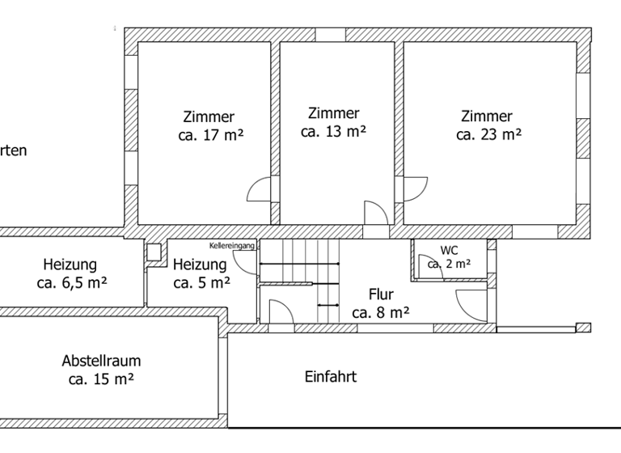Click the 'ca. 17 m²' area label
click(x=210, y=136)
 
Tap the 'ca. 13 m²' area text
click(x=333, y=131)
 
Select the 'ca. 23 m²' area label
click(x=488, y=135)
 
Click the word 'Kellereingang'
click(x=232, y=244)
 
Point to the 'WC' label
click(x=449, y=251)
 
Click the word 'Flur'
click(x=381, y=294)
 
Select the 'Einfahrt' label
click(x=330, y=376)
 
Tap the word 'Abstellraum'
click(x=101, y=361)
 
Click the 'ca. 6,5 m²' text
click(x=72, y=283)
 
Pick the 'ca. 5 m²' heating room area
click(x=201, y=283)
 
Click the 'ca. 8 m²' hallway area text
click(x=381, y=312)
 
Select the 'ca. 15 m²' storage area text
click(x=101, y=379)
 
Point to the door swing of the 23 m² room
click(x=414, y=188)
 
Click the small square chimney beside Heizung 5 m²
click(x=154, y=252)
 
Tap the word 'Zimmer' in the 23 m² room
click(x=487, y=116)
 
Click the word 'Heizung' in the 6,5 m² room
click(x=70, y=265)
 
